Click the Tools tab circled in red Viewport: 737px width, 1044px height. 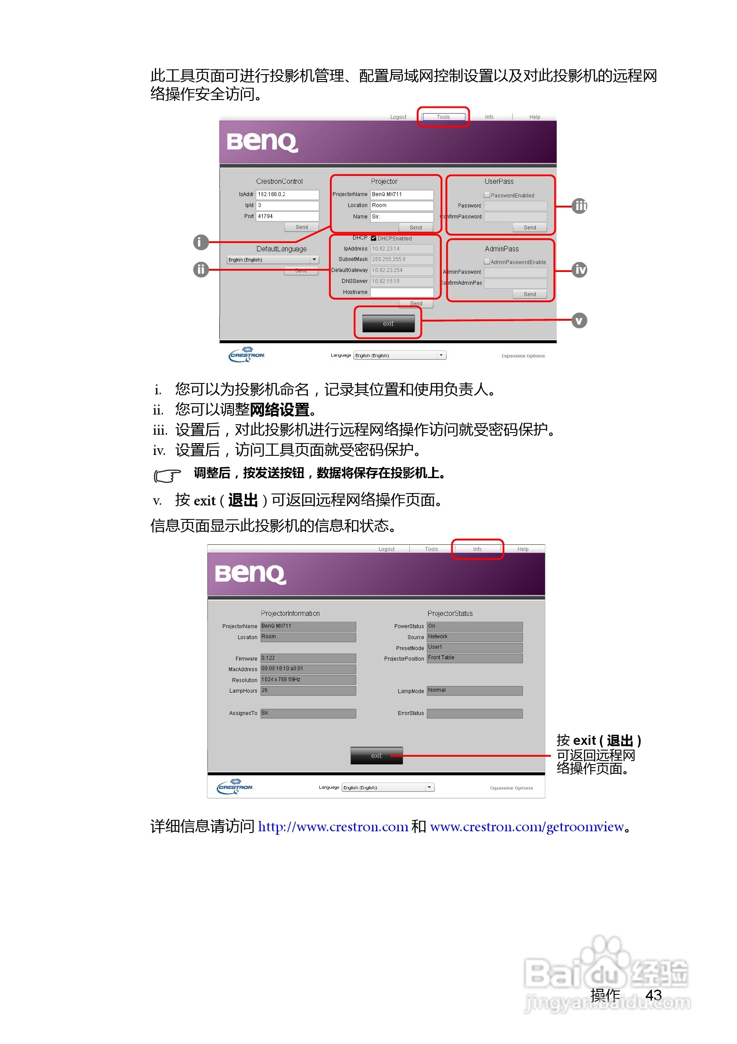(443, 117)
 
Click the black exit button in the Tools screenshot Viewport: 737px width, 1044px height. (388, 323)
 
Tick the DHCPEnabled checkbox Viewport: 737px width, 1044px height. (373, 238)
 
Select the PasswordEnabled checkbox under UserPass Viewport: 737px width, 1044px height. (487, 195)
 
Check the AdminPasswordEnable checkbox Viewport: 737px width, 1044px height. (487, 262)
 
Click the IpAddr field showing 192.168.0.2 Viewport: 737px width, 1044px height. (287, 195)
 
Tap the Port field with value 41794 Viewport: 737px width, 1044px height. (287, 216)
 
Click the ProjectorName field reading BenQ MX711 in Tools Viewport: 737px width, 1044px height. (401, 195)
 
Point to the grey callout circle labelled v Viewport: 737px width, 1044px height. (579, 321)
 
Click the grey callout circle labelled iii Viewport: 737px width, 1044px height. (579, 206)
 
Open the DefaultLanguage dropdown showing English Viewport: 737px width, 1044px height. (273, 260)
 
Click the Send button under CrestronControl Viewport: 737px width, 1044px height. (301, 227)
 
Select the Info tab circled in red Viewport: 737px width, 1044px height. (477, 549)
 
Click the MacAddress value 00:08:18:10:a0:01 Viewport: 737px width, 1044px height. (308, 669)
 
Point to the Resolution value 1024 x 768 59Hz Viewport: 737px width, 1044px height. (308, 680)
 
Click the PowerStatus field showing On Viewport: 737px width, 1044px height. (474, 626)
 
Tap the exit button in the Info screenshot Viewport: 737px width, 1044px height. (376, 756)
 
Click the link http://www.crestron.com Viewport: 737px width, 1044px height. (333, 827)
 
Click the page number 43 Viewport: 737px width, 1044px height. (653, 995)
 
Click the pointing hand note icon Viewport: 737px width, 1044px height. (167, 475)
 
